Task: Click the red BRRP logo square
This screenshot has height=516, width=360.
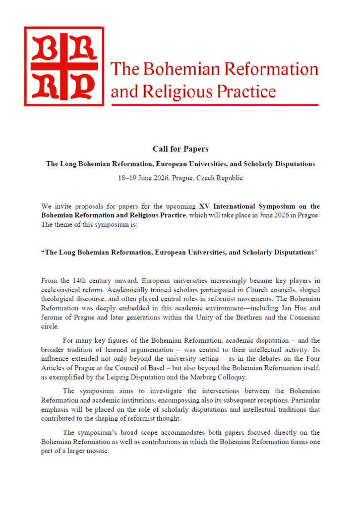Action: (64, 67)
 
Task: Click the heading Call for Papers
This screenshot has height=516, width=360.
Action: (180, 149)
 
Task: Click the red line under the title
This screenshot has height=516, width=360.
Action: (214, 104)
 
